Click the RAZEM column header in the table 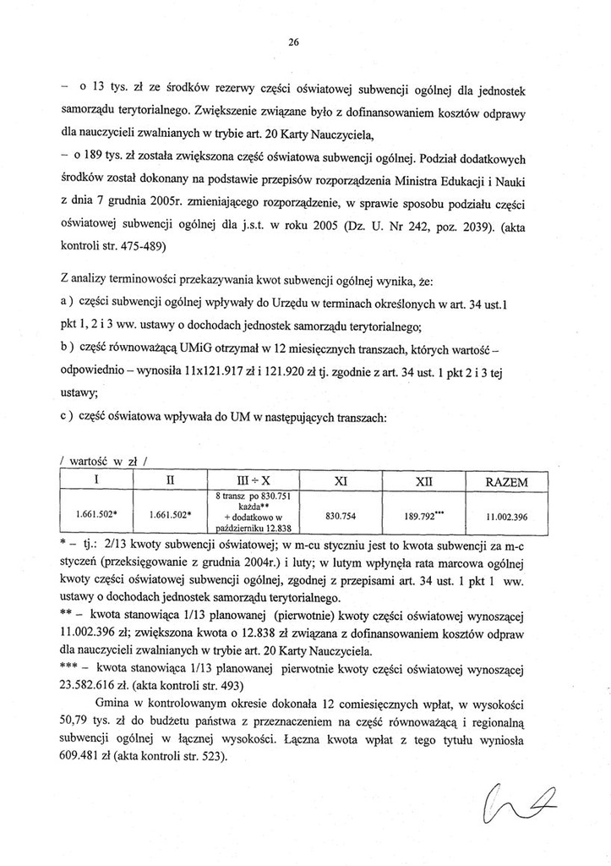pyautogui.click(x=507, y=481)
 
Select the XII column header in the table pyautogui.click(x=424, y=481)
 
